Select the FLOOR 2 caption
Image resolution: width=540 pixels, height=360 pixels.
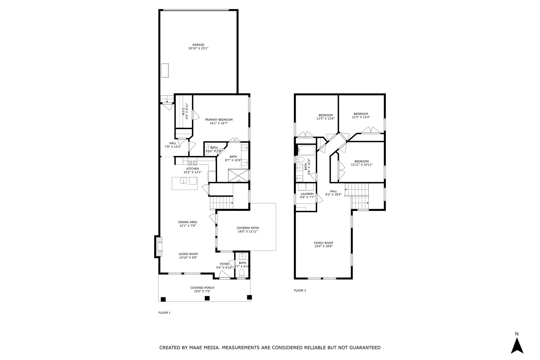click(x=300, y=290)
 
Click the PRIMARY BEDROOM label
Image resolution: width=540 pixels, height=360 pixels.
click(x=219, y=120)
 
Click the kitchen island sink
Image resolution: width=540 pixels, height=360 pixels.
click(x=184, y=181)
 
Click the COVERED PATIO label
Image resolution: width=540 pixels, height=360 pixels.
click(x=248, y=228)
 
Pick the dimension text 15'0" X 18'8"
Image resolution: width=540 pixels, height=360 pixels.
click(x=323, y=246)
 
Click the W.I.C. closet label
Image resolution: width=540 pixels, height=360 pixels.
click(x=185, y=111)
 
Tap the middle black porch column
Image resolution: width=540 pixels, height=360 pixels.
click(x=207, y=298)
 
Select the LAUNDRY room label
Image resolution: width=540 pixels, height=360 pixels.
click(x=307, y=194)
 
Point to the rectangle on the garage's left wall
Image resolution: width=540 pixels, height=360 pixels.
click(x=165, y=70)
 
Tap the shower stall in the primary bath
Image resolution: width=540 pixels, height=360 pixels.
click(x=238, y=176)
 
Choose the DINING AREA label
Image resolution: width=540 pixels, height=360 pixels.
click(x=187, y=222)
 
